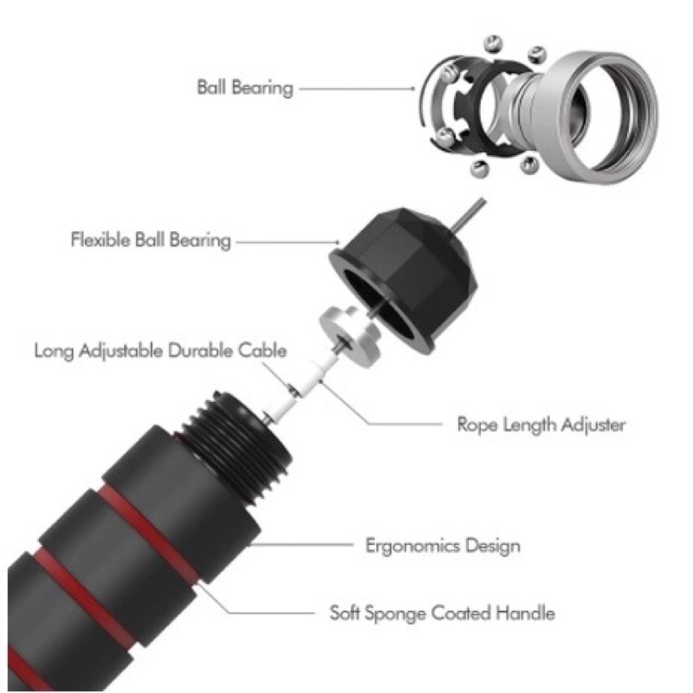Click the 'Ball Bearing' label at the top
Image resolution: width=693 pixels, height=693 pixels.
point(245,87)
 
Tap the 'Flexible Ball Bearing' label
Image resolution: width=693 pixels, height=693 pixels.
point(151,240)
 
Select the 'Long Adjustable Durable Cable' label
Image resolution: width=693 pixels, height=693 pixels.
point(160,351)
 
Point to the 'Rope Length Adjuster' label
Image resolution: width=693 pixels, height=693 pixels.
point(541,424)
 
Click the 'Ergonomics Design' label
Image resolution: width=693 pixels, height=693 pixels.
point(443,546)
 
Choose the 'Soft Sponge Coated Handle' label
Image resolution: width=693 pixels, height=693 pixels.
point(443,613)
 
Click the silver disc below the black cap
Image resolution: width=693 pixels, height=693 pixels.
point(349,334)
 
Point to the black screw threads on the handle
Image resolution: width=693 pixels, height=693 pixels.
point(234,446)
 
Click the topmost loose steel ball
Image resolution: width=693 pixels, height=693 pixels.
point(494,43)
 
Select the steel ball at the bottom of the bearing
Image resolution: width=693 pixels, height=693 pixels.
point(480,169)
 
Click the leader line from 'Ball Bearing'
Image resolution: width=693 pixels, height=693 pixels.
point(357,88)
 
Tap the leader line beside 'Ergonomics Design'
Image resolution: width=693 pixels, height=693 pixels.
point(301,545)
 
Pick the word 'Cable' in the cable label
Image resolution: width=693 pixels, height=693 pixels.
point(262,351)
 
